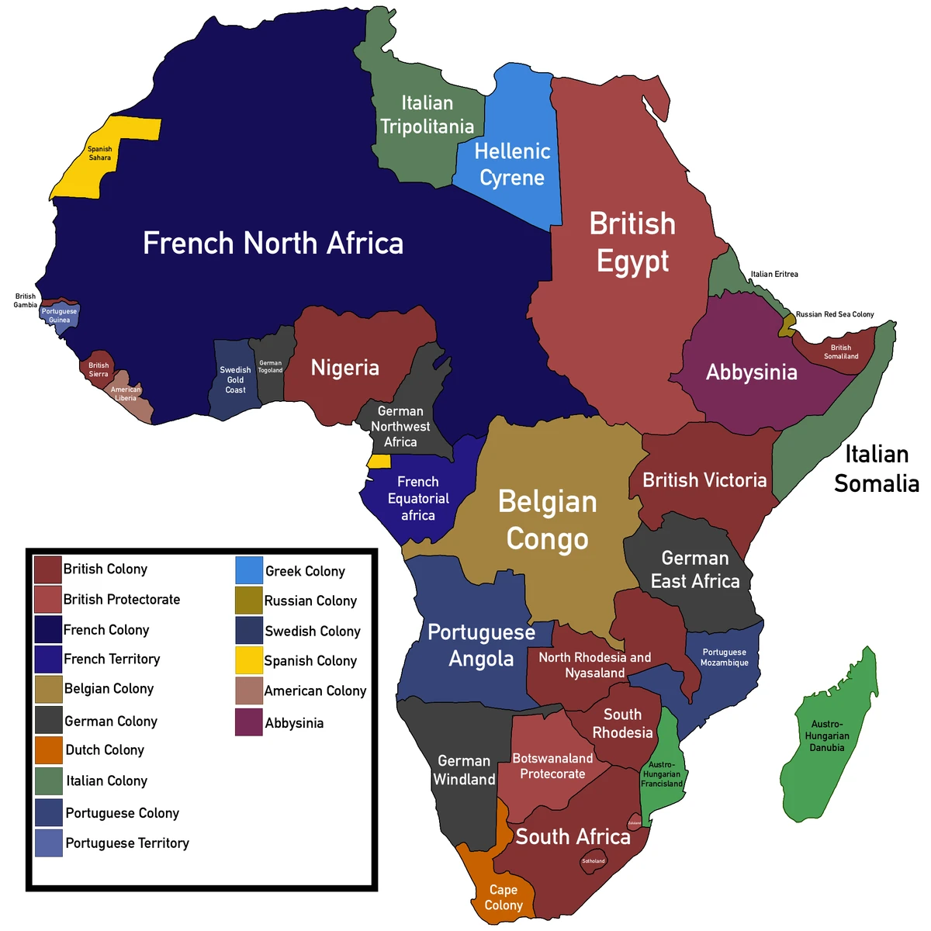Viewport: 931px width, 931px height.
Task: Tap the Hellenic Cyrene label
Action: click(x=512, y=164)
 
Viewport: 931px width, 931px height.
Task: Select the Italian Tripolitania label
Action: click(x=427, y=115)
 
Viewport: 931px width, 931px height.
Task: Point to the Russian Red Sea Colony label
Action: click(x=835, y=314)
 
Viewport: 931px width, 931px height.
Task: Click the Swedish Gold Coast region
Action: click(x=235, y=380)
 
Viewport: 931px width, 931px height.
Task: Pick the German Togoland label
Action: click(x=270, y=366)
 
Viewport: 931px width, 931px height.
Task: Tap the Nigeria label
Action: click(x=345, y=368)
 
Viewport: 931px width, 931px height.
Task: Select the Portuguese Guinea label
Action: click(x=60, y=316)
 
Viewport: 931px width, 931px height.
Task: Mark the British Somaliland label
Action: click(x=841, y=352)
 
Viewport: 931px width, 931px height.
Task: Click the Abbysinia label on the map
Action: click(x=751, y=372)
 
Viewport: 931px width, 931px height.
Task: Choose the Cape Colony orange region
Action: click(x=500, y=892)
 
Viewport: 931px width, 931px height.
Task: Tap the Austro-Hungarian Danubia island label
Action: click(x=827, y=735)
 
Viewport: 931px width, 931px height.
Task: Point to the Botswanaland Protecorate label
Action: click(x=552, y=766)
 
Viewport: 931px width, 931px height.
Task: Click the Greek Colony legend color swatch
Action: click(x=249, y=570)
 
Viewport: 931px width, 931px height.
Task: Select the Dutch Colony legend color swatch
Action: click(x=48, y=750)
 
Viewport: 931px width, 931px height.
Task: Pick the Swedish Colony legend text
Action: click(x=313, y=631)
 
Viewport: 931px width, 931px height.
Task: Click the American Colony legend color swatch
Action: click(x=249, y=690)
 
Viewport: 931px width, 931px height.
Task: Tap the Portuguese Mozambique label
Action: click(x=725, y=657)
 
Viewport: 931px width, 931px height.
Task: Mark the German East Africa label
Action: click(x=695, y=569)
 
